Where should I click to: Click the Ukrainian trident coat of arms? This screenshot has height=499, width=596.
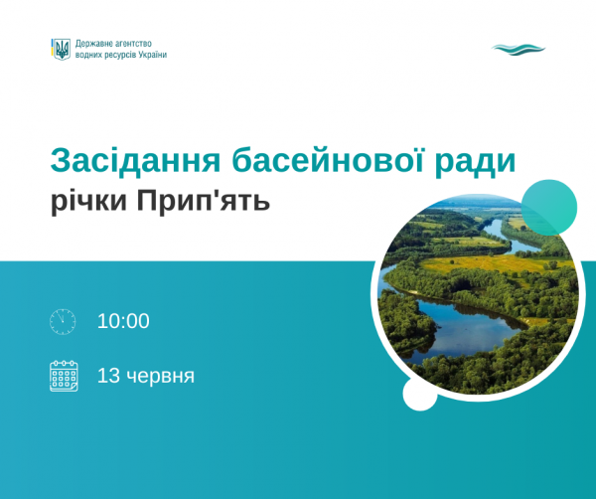61,50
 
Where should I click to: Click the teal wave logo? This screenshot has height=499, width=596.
519,50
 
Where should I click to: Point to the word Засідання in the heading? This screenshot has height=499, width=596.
136,160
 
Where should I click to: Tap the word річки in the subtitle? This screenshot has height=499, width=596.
89,202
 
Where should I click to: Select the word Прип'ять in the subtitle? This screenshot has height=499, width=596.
204,201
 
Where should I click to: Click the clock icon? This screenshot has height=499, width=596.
63,322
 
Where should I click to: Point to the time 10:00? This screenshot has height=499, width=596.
123,321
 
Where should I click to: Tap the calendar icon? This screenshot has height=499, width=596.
64,376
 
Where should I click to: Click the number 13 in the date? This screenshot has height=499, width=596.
108,376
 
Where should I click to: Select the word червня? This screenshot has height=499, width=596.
160,377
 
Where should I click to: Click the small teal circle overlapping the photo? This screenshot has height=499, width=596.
549,208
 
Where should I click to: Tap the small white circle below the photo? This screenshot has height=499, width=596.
420,394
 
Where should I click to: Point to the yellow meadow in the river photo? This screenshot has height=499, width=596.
491,263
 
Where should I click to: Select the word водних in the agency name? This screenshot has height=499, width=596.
88,55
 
